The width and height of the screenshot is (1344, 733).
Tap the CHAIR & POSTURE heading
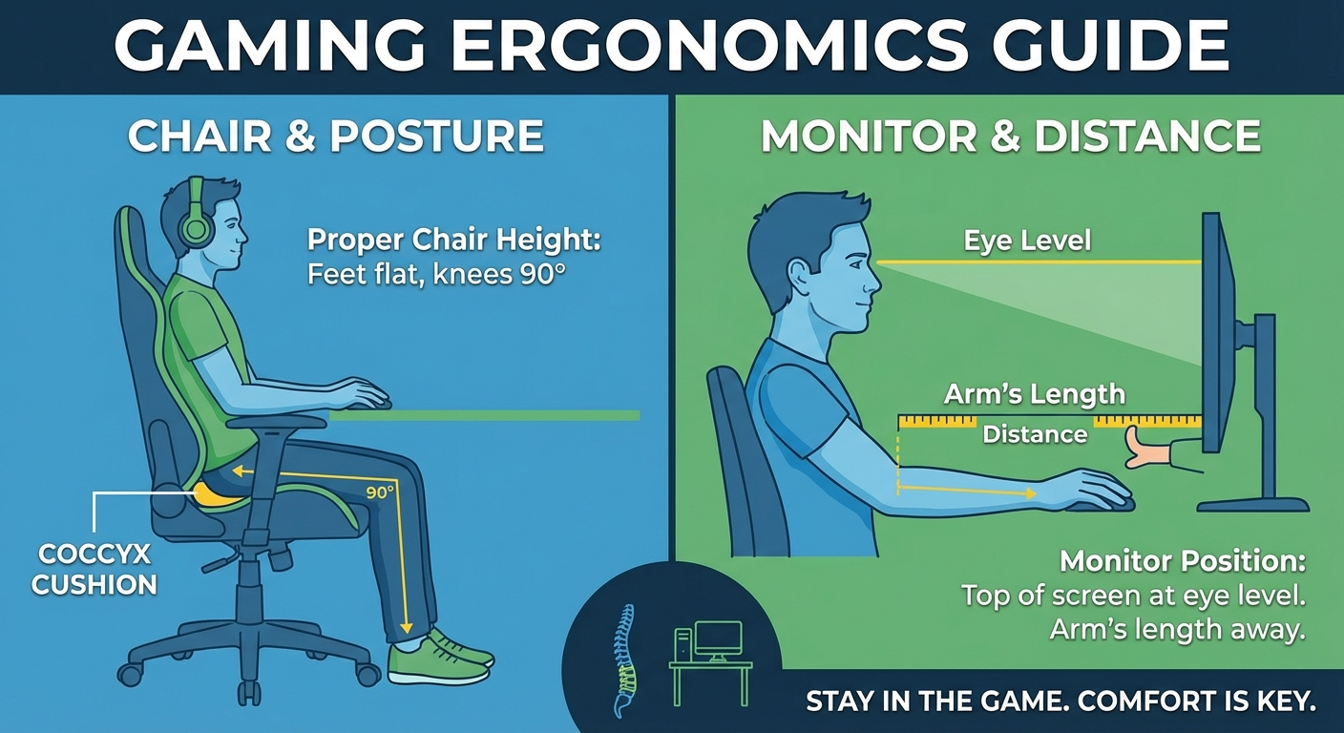click(336, 136)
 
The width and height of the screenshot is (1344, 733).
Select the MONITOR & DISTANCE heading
click(1010, 136)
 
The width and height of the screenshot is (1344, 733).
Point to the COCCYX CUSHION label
click(94, 569)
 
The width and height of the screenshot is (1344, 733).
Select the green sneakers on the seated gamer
click(441, 657)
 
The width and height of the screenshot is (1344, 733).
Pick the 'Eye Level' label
click(1027, 240)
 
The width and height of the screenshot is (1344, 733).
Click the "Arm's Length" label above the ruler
click(1034, 394)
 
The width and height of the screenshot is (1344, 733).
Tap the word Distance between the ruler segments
click(1035, 434)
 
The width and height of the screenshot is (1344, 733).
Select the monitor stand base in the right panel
click(1252, 504)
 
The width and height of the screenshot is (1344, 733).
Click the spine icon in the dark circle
click(623, 659)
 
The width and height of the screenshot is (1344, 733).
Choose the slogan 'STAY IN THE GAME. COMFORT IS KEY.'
click(1060, 702)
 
